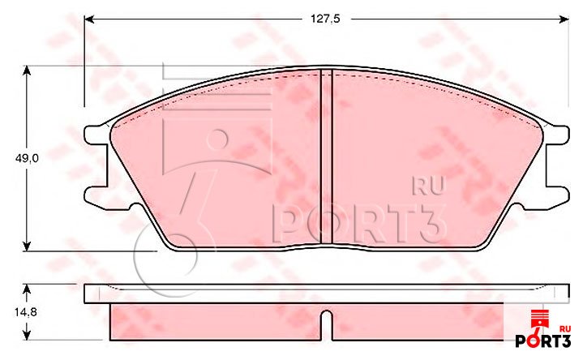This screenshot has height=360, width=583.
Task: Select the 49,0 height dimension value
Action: point(27,158)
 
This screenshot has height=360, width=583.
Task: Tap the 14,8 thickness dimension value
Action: point(26,312)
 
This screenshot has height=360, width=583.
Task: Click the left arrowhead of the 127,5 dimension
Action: point(89,19)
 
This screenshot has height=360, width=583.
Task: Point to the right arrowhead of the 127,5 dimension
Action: point(564,19)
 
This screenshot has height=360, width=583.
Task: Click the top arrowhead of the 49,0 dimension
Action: point(27,71)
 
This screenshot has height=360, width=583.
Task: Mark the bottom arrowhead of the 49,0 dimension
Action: point(27,246)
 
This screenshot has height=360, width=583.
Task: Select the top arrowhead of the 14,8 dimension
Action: point(27,290)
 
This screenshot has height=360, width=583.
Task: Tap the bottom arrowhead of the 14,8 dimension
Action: point(27,335)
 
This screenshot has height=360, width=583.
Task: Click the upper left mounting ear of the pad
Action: point(96,135)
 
